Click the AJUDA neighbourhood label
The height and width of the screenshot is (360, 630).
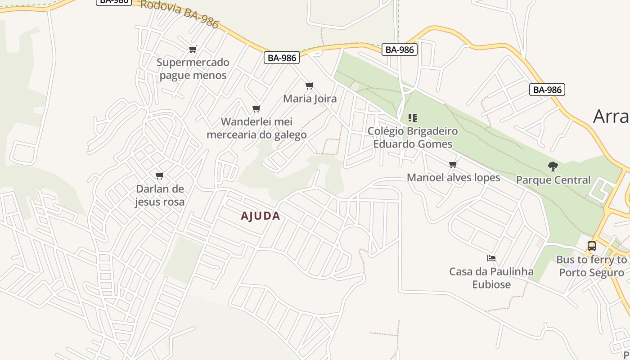260,216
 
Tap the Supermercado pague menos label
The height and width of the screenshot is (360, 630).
193,68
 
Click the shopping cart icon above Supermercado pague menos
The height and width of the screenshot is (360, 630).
193,49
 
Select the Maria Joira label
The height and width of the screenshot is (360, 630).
310,99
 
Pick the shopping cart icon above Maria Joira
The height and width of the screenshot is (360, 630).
309,85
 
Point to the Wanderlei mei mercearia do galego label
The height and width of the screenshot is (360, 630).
256,128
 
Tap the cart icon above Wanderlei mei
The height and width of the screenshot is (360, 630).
256,108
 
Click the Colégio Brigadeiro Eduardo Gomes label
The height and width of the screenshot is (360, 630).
413,137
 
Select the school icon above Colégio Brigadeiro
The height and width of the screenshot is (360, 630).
412,118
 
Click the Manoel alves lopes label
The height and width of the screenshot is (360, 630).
453,177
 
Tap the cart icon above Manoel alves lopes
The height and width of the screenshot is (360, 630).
453,164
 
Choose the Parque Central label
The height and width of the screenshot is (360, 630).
553,180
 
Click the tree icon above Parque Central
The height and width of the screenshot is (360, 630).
553,166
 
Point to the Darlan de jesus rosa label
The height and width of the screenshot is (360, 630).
160,195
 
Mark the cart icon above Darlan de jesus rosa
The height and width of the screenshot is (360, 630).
159,175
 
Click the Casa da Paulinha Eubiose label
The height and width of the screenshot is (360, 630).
491,278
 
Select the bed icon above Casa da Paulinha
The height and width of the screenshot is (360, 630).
491,258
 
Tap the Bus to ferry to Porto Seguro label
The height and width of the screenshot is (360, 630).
591,266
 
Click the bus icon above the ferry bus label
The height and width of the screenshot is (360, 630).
591,246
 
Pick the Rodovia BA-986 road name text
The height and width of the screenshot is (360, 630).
180,13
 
